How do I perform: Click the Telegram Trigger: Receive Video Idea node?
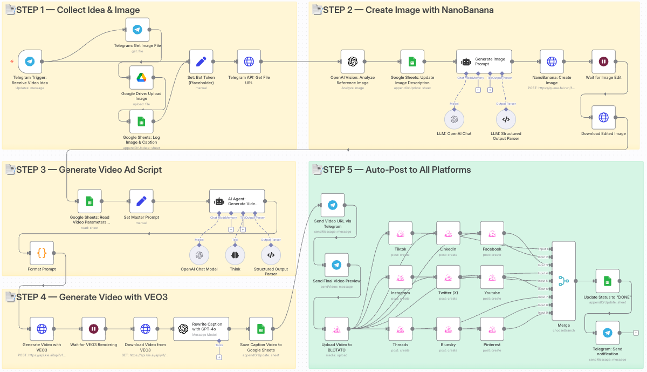(30, 62)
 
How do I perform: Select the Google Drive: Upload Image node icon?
(141, 78)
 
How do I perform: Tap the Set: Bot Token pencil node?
(201, 62)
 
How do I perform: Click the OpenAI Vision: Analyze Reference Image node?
(353, 62)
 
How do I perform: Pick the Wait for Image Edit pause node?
(603, 62)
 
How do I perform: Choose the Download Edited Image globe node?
(603, 117)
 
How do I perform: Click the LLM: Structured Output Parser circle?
(506, 119)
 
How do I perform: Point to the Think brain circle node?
(235, 255)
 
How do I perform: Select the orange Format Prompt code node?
(42, 253)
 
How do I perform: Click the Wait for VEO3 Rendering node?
(93, 328)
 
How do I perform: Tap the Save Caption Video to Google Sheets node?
(260, 328)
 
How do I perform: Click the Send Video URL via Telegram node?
(333, 205)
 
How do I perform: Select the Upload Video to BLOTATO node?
(337, 328)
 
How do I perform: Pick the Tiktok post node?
(401, 233)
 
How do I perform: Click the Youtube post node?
(492, 277)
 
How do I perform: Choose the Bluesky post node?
(448, 328)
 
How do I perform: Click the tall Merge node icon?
(564, 281)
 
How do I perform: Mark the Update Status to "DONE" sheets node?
(607, 281)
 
